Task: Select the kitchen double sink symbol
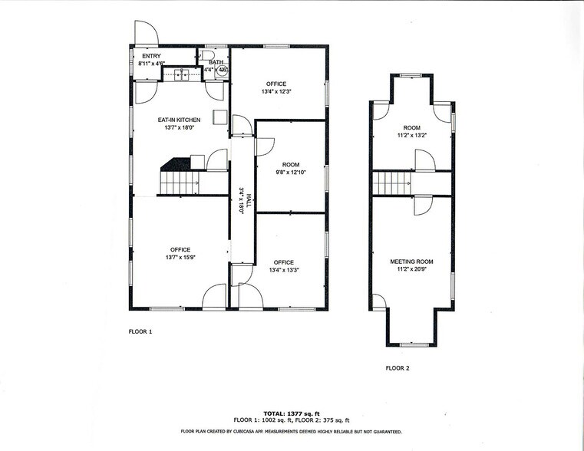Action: pyautogui.click(x=183, y=75)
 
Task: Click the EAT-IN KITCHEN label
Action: pyautogui.click(x=179, y=120)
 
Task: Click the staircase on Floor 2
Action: pyautogui.click(x=391, y=183)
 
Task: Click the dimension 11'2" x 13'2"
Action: pyautogui.click(x=411, y=136)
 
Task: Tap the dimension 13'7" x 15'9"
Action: pyautogui.click(x=180, y=257)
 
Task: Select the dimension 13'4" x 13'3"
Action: pyautogui.click(x=283, y=270)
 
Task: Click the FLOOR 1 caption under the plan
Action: pyautogui.click(x=140, y=331)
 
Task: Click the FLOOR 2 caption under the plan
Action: pyautogui.click(x=398, y=368)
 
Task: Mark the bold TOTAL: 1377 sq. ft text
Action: pyautogui.click(x=291, y=413)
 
